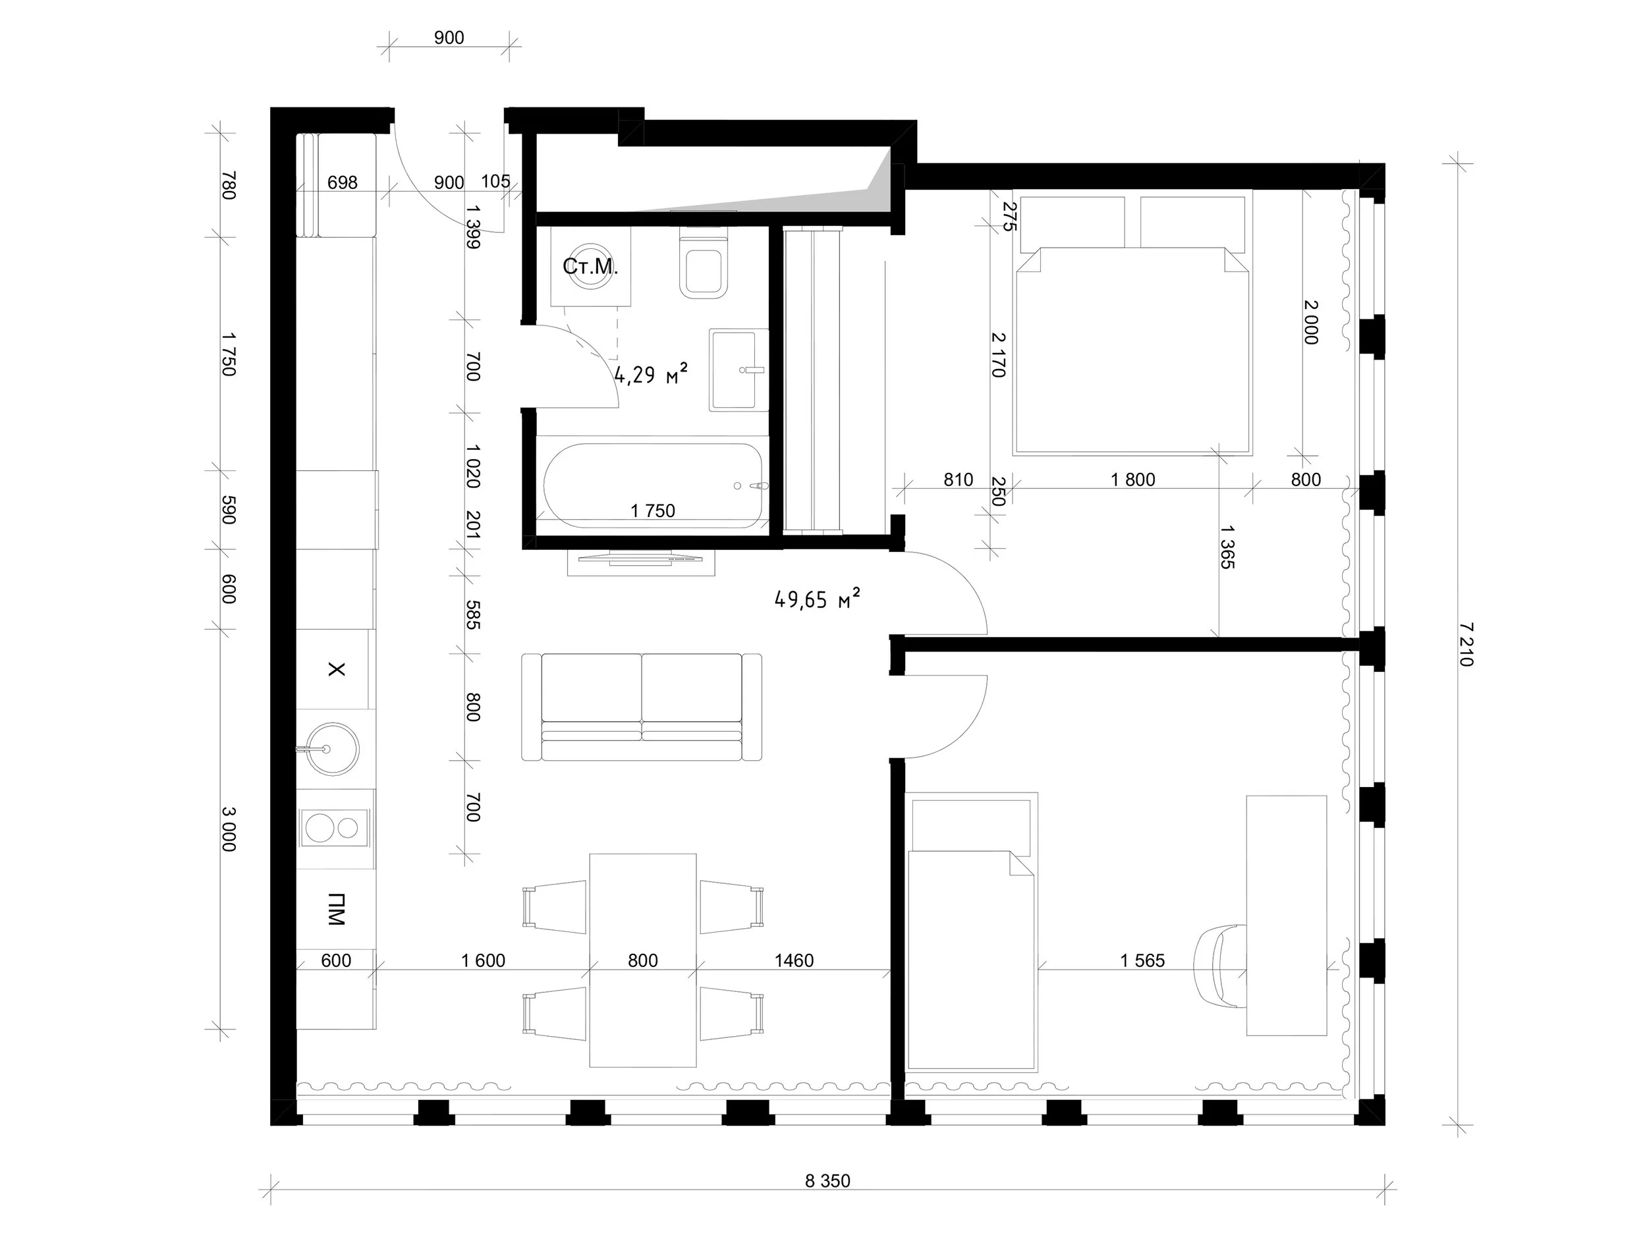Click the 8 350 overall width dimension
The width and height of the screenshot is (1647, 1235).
(x=827, y=1180)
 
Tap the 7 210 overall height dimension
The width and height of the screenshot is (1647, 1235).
(x=1466, y=645)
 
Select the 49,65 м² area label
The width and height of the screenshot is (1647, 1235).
(x=818, y=598)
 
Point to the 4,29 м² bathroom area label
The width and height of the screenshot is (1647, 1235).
(x=650, y=373)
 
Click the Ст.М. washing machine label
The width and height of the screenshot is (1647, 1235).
(x=590, y=267)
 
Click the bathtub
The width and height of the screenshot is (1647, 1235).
(x=653, y=485)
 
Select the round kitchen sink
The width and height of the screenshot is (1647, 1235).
(x=327, y=749)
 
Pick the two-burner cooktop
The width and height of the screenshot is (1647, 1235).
(x=336, y=827)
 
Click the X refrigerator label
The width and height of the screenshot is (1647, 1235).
(x=337, y=669)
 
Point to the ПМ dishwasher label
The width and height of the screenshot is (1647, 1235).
(x=337, y=909)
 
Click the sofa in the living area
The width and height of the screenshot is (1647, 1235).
(x=642, y=707)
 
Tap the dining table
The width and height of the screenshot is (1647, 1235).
(x=643, y=960)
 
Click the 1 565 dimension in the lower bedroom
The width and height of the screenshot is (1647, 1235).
(x=1142, y=960)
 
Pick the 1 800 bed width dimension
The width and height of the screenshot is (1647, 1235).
(x=1132, y=480)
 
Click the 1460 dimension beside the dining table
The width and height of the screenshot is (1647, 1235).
(x=794, y=960)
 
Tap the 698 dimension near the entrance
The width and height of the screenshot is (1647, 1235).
(x=343, y=182)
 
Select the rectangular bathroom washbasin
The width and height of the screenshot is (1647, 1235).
(x=739, y=370)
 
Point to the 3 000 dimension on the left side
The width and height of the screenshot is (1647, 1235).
(x=228, y=829)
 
